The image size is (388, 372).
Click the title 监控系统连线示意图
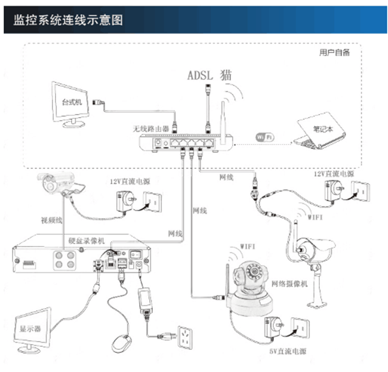(68, 20)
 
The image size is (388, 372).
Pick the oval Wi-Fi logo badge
(264, 137)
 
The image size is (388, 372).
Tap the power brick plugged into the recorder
(146, 300)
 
